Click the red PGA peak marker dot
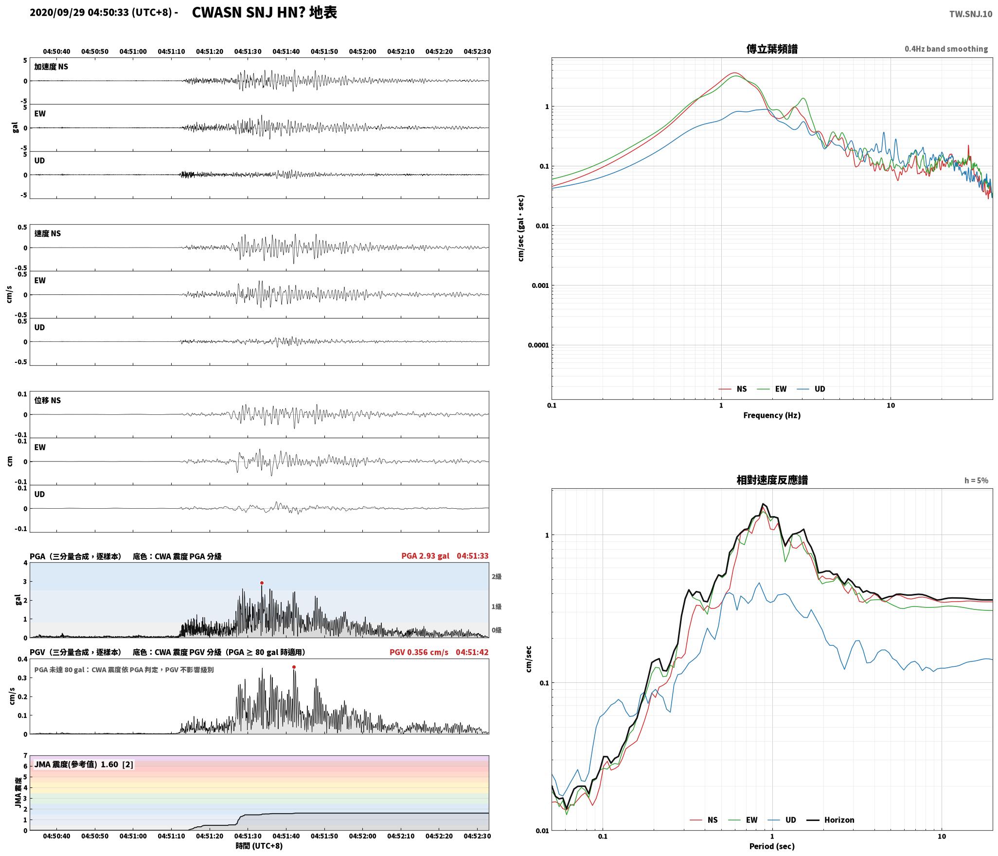262,583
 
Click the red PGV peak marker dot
294,667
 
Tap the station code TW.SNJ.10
970,14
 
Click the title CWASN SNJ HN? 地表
265,13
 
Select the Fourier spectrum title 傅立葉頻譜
772,49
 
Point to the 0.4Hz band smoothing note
946,49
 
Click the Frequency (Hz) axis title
772,415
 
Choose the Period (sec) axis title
772,846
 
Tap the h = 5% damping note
976,481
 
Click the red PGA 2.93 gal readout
425,556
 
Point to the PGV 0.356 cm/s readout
419,652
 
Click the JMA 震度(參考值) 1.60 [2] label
83,765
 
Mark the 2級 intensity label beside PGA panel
496,577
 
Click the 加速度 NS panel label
51,67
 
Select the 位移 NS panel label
47,401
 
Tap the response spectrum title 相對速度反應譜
772,480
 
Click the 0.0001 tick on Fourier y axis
538,345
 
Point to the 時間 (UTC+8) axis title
259,846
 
